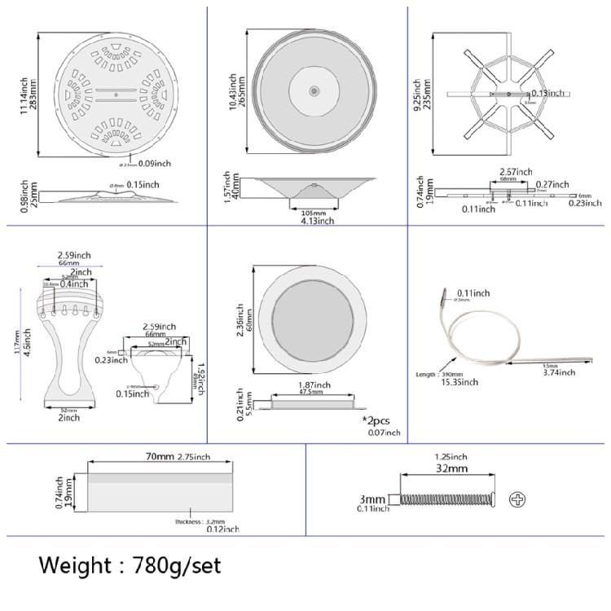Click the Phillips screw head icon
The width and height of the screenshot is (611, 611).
pyautogui.click(x=516, y=499)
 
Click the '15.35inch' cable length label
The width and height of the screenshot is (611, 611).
pyautogui.click(x=458, y=380)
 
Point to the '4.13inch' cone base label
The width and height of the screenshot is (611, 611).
pyautogui.click(x=312, y=220)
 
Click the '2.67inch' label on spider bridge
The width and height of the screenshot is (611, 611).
pyautogui.click(x=516, y=172)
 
